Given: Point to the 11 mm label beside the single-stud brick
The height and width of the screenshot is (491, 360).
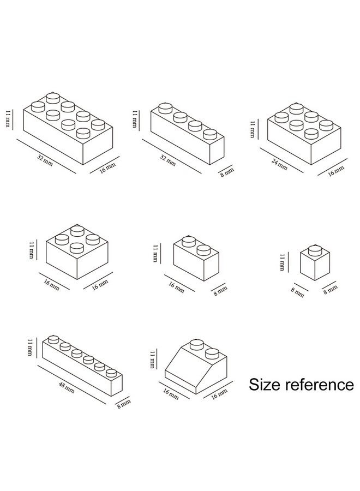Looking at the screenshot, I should [x=282, y=262].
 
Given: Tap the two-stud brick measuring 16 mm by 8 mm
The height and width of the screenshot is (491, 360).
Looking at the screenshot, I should [x=196, y=257].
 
